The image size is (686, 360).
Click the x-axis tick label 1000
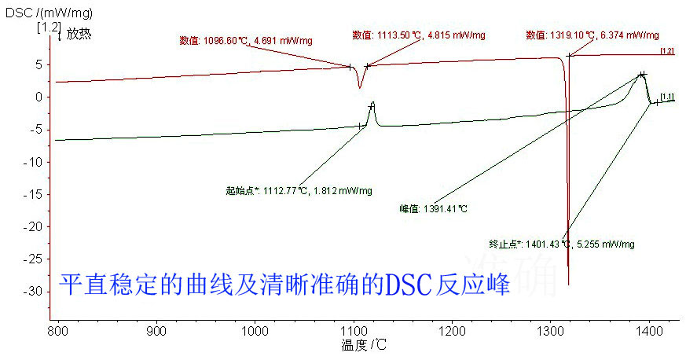(255, 331)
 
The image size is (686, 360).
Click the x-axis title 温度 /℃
(364, 345)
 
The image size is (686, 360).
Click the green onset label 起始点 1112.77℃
(299, 191)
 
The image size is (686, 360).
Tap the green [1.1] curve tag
(667, 97)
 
